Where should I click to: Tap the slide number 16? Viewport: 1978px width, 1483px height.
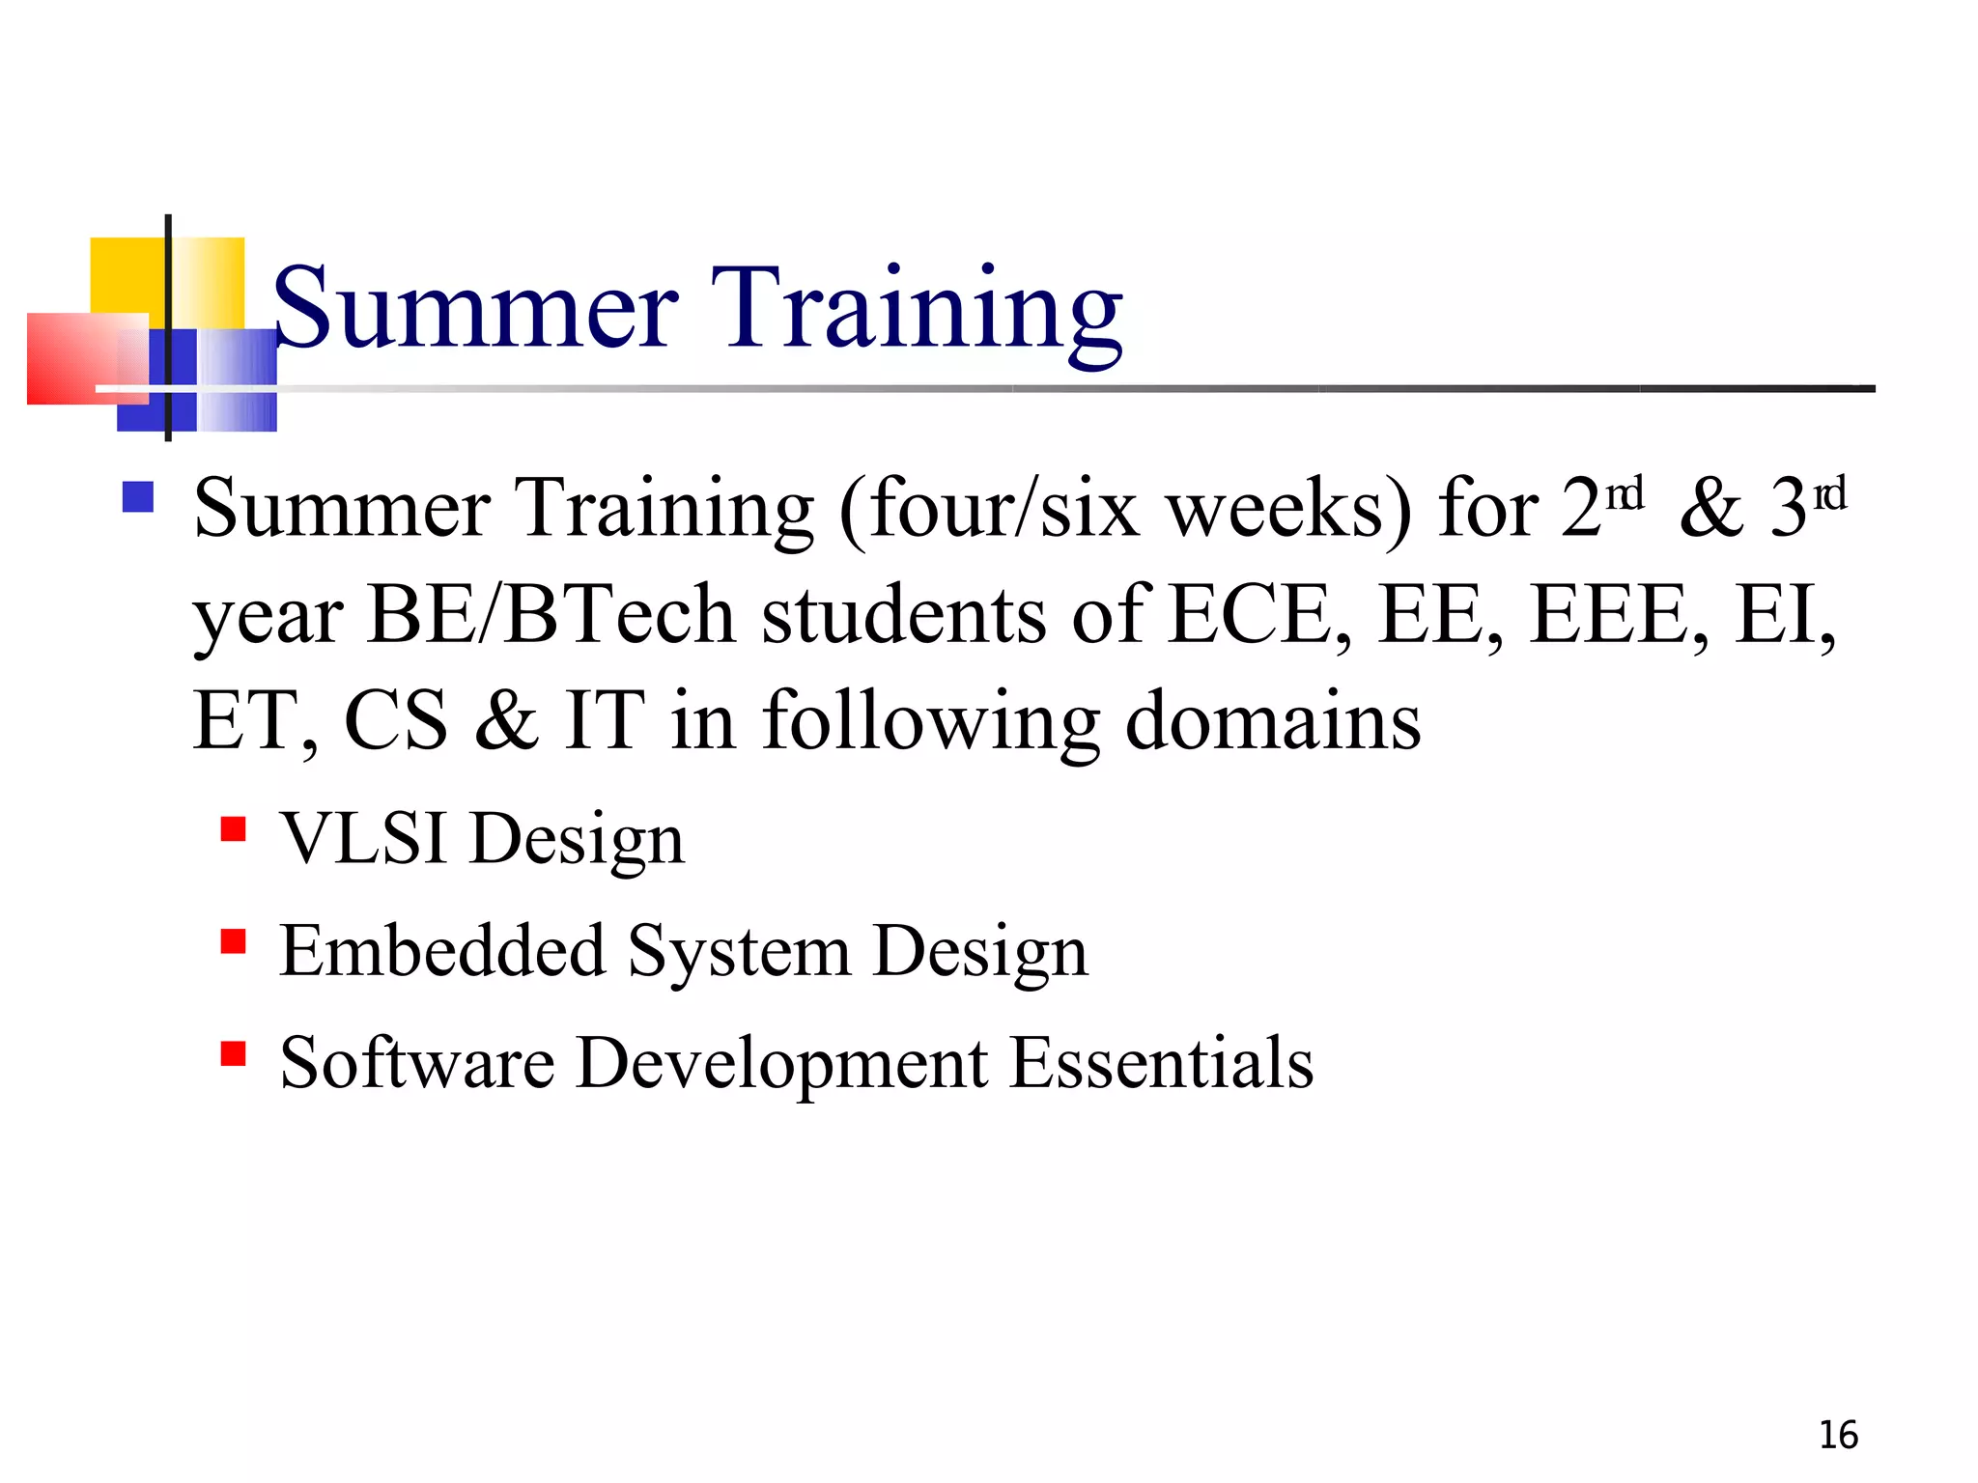(1838, 1436)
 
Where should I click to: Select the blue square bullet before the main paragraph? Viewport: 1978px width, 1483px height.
(138, 497)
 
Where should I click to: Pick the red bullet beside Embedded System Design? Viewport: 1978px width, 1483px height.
(233, 941)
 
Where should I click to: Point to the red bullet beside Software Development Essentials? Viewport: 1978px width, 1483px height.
(233, 1052)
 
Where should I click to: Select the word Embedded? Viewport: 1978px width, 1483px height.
(441, 951)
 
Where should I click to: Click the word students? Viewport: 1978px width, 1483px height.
(904, 615)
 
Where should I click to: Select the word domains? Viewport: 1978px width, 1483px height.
(1273, 721)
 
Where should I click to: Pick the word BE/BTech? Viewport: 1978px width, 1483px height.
(551, 615)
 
